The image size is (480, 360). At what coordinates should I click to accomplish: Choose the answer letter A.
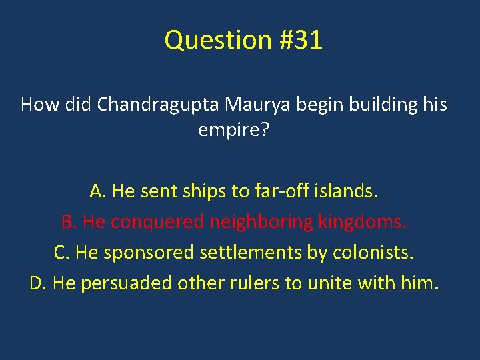click(97, 192)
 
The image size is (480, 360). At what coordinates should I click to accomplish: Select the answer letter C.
click(61, 253)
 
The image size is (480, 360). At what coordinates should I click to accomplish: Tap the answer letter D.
click(37, 283)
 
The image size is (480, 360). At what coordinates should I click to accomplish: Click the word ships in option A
click(203, 192)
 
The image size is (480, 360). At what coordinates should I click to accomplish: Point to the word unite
click(329, 283)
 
